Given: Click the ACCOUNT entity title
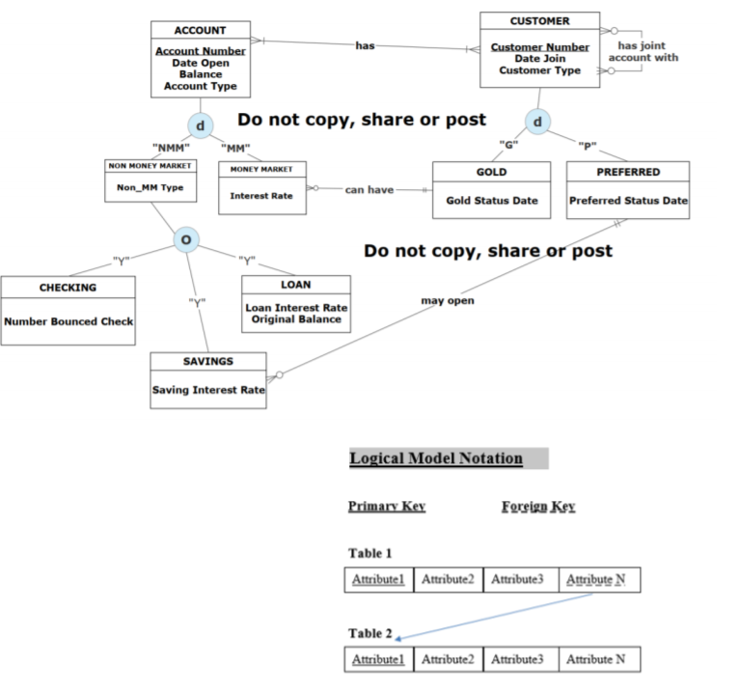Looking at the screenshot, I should point(201,31).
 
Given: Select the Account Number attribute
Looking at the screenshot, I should point(201,51).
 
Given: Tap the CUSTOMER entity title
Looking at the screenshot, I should point(539,21).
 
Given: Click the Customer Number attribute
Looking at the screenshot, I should point(539,47).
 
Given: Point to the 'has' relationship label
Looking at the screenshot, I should point(365,46).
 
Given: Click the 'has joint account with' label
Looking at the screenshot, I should point(643,52).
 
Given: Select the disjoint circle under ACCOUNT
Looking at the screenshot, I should point(201,125).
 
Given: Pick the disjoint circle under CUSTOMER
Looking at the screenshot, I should point(537,122).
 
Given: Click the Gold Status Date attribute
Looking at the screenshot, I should point(491,201).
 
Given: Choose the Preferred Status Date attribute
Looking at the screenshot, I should point(628,201).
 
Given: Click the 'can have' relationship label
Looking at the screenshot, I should point(369,190).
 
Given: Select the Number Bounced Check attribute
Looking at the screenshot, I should point(68,321).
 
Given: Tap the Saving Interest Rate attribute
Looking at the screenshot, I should point(208,390).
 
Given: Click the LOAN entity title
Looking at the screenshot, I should point(295,286).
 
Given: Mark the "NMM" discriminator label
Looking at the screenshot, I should point(170,148).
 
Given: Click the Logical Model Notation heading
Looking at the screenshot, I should point(436,458).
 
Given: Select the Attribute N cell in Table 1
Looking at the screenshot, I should point(598,580).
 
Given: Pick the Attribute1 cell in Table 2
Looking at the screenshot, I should point(378,659).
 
